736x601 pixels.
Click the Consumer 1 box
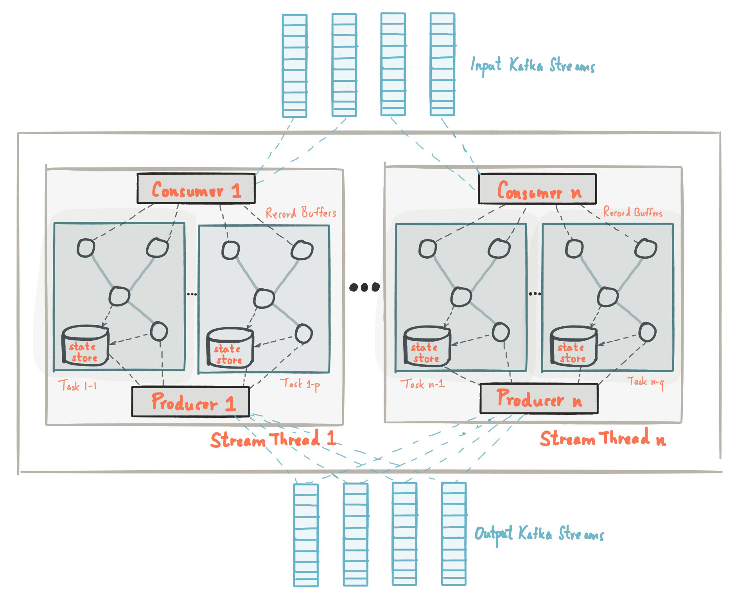pyautogui.click(x=196, y=189)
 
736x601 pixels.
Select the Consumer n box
pyautogui.click(x=537, y=189)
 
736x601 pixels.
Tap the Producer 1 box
pyautogui.click(x=190, y=402)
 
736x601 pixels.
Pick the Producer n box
pyautogui.click(x=539, y=399)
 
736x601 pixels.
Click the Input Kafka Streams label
pyautogui.click(x=532, y=66)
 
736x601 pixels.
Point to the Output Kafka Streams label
pyautogui.click(x=539, y=534)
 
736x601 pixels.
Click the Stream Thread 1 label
pyautogui.click(x=273, y=439)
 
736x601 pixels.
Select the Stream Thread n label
pyautogui.click(x=602, y=438)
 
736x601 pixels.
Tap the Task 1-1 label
pyautogui.click(x=77, y=386)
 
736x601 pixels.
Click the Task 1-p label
pyautogui.click(x=300, y=384)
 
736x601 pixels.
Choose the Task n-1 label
pyautogui.click(x=422, y=384)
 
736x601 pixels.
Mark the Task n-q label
pyautogui.click(x=645, y=381)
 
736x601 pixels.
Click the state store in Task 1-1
pyautogui.click(x=85, y=346)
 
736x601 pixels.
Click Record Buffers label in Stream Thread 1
pyautogui.click(x=301, y=213)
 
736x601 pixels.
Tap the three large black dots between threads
pyautogui.click(x=364, y=287)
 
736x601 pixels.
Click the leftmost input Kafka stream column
pyautogui.click(x=294, y=66)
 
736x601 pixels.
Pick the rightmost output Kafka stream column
pyautogui.click(x=454, y=534)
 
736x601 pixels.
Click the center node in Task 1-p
pyautogui.click(x=264, y=299)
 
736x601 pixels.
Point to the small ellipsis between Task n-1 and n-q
pyautogui.click(x=535, y=293)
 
